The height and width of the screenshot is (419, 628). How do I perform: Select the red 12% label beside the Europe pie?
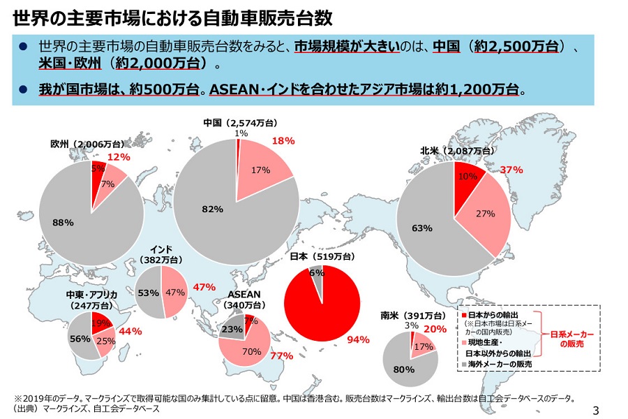(x=119, y=157)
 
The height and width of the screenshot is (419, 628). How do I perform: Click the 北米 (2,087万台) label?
(x=456, y=150)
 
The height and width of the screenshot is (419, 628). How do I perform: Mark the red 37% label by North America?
(x=511, y=170)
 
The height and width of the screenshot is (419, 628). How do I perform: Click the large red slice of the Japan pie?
(x=321, y=307)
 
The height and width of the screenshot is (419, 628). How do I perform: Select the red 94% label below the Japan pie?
(x=357, y=340)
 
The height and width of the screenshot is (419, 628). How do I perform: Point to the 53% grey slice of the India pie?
(x=148, y=293)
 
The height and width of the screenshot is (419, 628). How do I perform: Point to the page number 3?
(x=596, y=409)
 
